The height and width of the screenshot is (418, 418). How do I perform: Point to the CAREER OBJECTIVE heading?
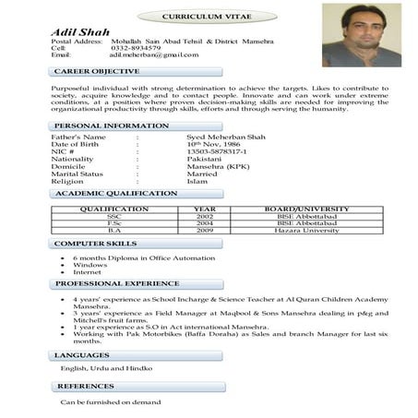[97, 71]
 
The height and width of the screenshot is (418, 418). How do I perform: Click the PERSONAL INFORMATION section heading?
[112, 125]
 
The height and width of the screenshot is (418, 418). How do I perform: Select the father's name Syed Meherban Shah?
[225, 137]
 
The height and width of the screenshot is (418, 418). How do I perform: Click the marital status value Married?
[202, 173]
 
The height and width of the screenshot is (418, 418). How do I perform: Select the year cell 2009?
[204, 230]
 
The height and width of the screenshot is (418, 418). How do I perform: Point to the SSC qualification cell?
[114, 216]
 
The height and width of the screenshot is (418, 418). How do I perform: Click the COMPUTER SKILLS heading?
[96, 244]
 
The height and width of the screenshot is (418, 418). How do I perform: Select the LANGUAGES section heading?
[82, 354]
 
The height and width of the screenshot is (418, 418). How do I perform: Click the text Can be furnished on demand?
[111, 402]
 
